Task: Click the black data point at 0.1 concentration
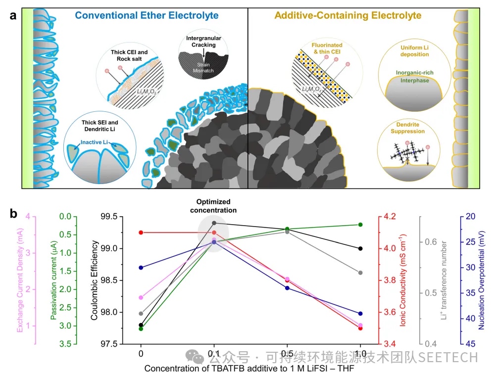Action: pyautogui.click(x=214, y=223)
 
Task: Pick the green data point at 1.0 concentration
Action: pyautogui.click(x=360, y=225)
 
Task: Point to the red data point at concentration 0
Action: pyautogui.click(x=141, y=233)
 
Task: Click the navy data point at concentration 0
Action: pyautogui.click(x=141, y=268)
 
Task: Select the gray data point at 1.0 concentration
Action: pyautogui.click(x=360, y=273)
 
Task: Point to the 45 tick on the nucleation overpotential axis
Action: pyautogui.click(x=472, y=344)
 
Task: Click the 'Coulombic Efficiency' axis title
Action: pyautogui.click(x=95, y=280)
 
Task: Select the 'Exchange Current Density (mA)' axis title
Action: pyautogui.click(x=20, y=280)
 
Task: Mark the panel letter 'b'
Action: pyautogui.click(x=14, y=214)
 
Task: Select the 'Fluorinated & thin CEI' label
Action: pyautogui.click(x=327, y=48)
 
